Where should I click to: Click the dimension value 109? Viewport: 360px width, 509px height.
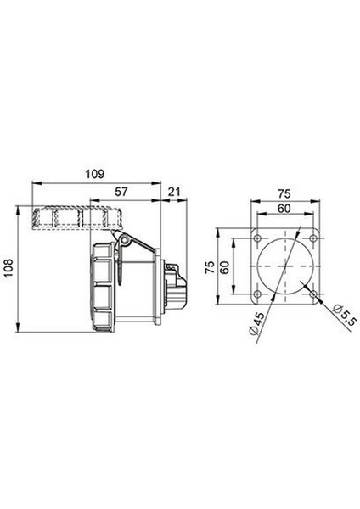coord(95,174)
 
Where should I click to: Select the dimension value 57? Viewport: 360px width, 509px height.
coord(121,192)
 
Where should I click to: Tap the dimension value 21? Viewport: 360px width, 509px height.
coord(174,192)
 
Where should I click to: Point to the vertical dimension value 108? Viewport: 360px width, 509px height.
coord(8,267)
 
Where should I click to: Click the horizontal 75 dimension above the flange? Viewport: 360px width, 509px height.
coord(284,193)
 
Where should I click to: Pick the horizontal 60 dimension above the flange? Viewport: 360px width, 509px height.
coord(284,209)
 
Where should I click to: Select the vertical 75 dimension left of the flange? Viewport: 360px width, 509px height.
coord(211,267)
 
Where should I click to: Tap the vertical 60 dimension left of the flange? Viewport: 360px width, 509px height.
coord(225,266)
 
